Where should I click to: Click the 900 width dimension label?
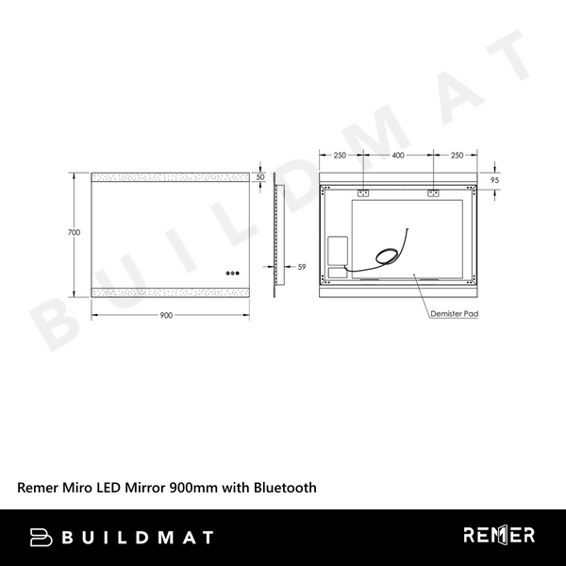(x=167, y=315)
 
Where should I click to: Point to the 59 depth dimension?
(x=301, y=268)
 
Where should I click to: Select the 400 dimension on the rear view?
(x=397, y=155)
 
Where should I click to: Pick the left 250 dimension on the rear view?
(x=341, y=155)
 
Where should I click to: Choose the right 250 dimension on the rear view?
(x=456, y=155)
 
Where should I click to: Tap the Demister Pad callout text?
(x=452, y=313)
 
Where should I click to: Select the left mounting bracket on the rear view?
(x=361, y=194)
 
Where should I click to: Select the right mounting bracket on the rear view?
(x=434, y=194)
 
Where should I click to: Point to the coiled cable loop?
(x=387, y=254)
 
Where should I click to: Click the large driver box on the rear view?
(x=335, y=252)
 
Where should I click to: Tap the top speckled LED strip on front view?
(x=169, y=177)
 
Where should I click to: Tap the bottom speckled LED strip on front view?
(x=169, y=290)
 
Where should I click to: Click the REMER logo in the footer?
(x=499, y=536)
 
